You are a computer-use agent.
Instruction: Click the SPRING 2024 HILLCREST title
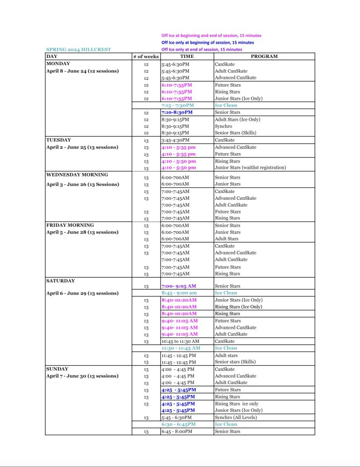(78, 50)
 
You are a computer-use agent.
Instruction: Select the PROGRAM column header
(264, 57)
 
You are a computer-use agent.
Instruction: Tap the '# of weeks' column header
(146, 57)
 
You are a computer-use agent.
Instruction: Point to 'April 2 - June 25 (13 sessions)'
(82, 147)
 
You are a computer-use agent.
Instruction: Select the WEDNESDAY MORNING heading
(77, 175)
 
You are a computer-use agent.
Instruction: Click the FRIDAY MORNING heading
(70, 225)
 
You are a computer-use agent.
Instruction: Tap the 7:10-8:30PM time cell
(177, 112)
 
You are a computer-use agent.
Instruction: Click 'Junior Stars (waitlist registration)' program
(250, 168)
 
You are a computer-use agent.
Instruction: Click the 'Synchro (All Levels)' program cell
(235, 417)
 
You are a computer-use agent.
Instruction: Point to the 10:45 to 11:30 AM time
(180, 341)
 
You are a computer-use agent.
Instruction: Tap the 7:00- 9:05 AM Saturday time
(178, 286)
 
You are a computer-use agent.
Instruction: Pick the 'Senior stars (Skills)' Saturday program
(235, 362)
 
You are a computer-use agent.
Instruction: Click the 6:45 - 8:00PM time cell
(177, 431)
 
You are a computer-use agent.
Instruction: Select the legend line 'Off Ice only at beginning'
(208, 42)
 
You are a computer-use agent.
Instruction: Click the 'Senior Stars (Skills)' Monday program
(235, 133)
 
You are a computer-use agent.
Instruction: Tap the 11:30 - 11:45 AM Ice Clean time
(180, 348)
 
